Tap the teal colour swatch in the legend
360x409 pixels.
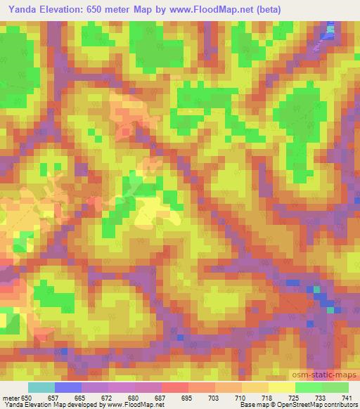click(41, 388)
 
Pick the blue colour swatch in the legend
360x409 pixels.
click(68, 388)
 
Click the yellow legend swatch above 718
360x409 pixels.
click(255, 388)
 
